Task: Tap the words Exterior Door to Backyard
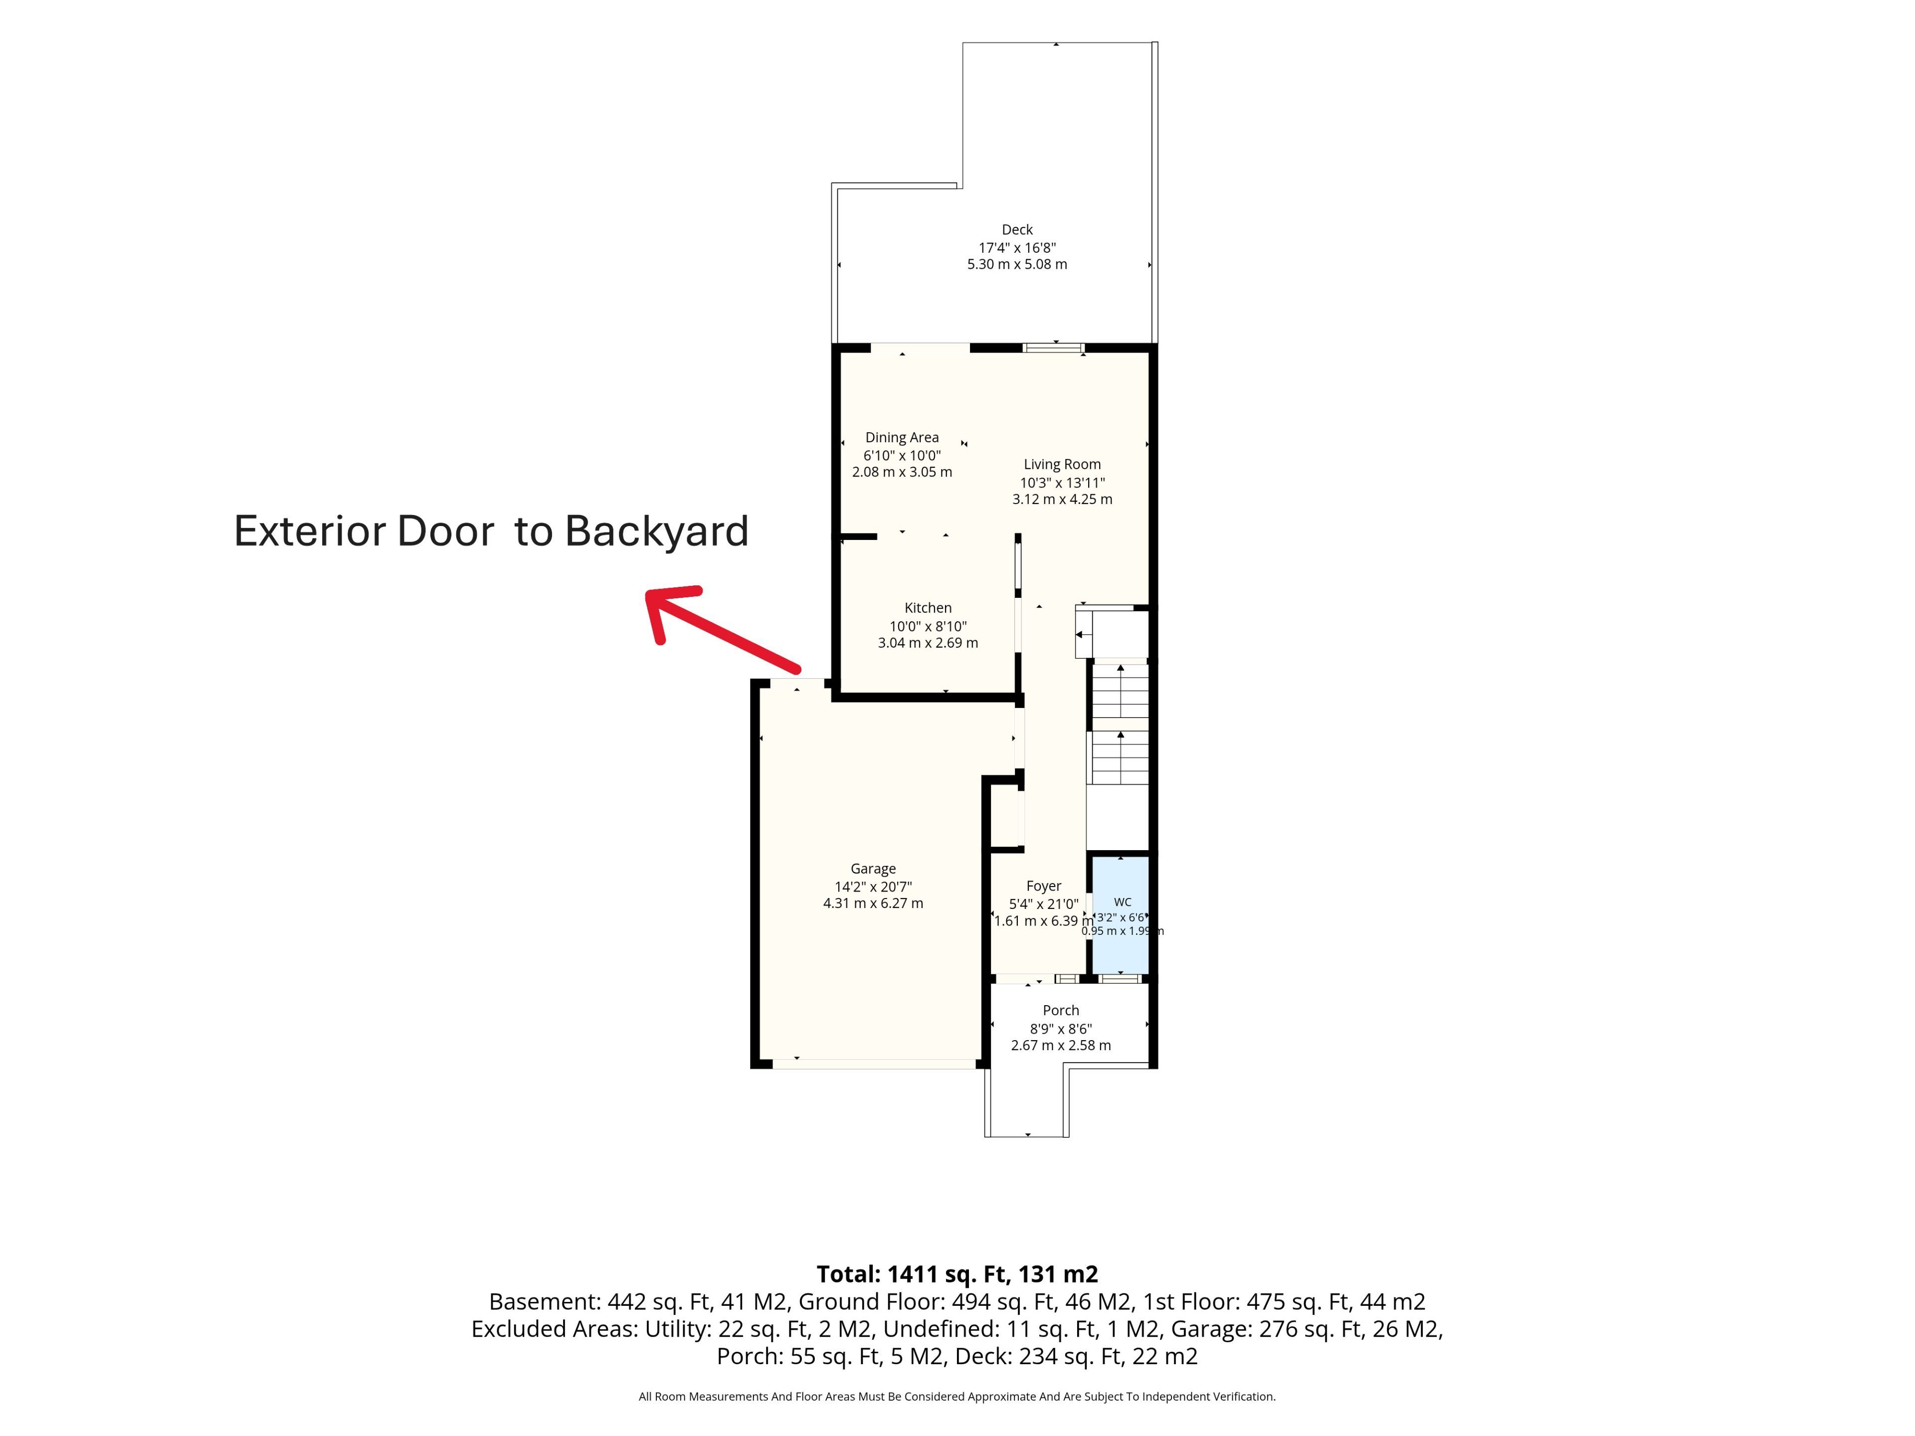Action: pos(491,531)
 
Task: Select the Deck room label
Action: pos(1017,229)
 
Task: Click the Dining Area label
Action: pos(902,437)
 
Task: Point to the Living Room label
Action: pos(1062,464)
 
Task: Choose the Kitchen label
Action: pos(928,608)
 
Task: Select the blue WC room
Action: pos(1120,915)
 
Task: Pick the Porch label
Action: pos(1061,1010)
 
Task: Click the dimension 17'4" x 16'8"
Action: pos(1017,247)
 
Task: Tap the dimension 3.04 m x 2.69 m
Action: pos(928,642)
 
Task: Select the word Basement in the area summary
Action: pos(543,1302)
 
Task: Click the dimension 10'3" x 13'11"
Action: pos(1062,482)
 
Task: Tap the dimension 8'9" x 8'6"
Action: pos(1061,1028)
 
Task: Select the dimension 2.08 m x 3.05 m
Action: pos(902,472)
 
